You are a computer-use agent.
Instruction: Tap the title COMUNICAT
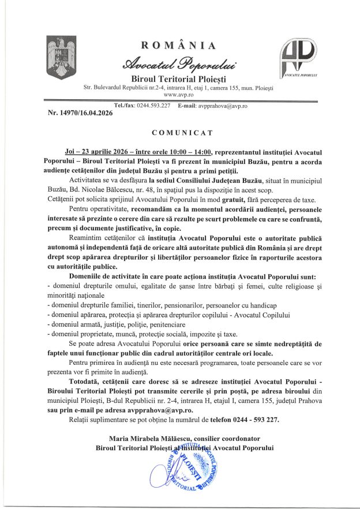pos(179,132)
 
